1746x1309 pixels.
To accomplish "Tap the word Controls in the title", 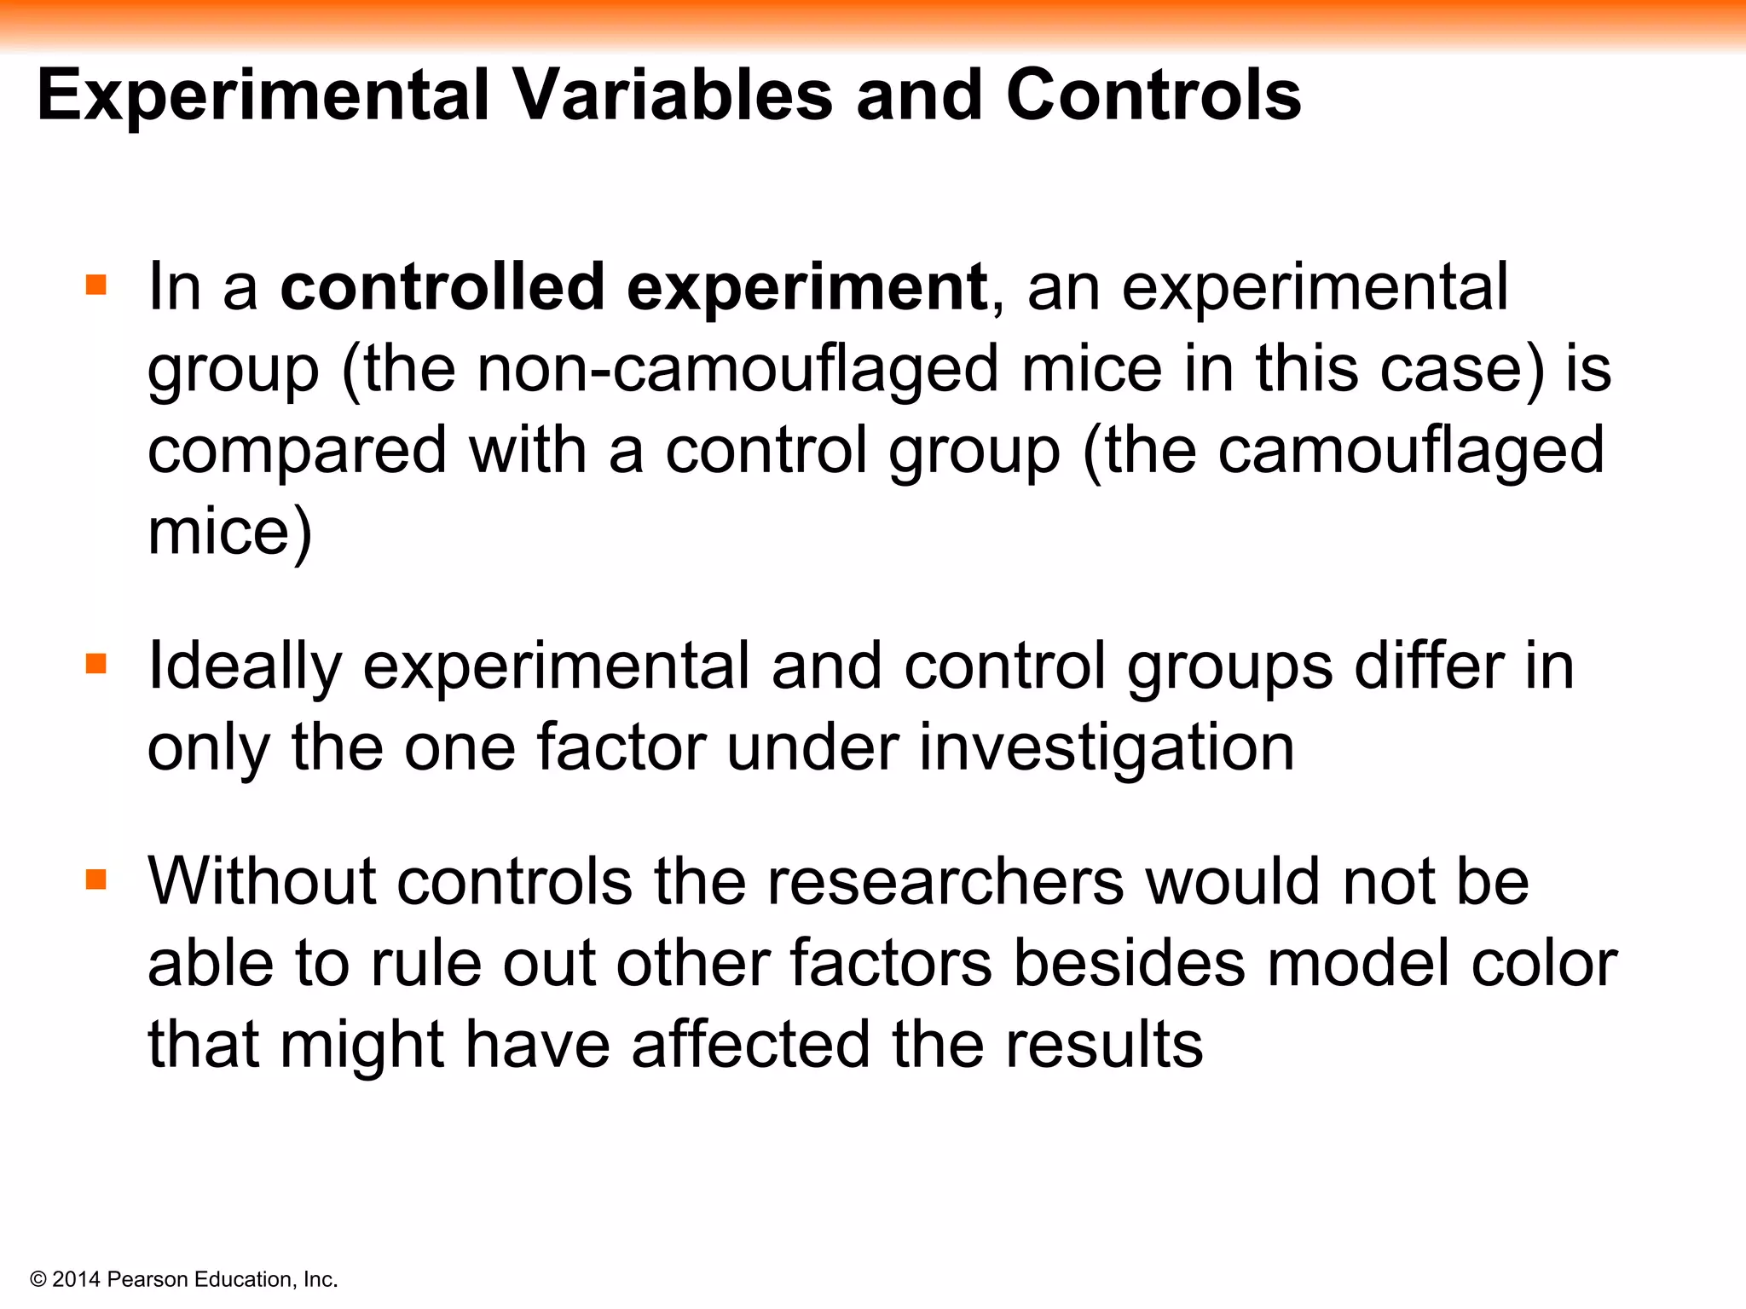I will click(1153, 95).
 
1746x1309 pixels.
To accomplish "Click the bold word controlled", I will click(442, 287).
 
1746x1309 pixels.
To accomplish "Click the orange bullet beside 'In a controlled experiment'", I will click(96, 285).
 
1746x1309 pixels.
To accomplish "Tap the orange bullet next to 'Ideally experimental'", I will click(96, 663).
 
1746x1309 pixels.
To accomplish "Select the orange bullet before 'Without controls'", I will click(96, 879).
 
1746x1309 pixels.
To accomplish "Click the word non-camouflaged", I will click(737, 370).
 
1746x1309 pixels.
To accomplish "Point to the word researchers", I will click(945, 881).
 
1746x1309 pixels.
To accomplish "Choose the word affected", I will click(750, 1045).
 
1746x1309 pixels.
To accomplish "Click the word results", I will click(1104, 1045).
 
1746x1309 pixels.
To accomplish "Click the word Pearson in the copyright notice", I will click(148, 1279).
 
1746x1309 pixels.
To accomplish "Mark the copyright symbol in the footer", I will click(38, 1279).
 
